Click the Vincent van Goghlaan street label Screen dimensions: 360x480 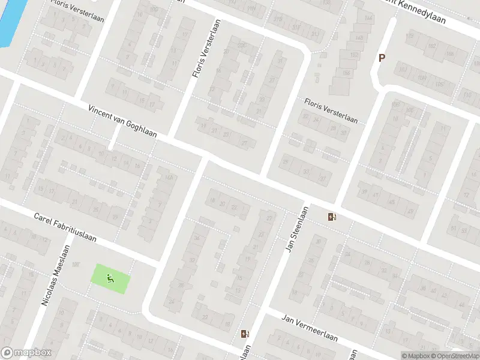[x=122, y=122]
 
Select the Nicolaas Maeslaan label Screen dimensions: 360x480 [x=55, y=275]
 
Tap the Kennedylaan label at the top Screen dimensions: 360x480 [x=422, y=12]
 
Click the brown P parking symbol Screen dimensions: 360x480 [x=381, y=58]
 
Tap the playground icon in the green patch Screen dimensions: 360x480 [x=109, y=278]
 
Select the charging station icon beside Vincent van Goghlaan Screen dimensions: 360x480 [x=332, y=217]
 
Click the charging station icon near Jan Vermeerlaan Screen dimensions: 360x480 [x=244, y=334]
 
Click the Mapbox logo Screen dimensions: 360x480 [x=26, y=353]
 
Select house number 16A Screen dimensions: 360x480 [x=169, y=177]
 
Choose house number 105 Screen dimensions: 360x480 [x=440, y=84]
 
